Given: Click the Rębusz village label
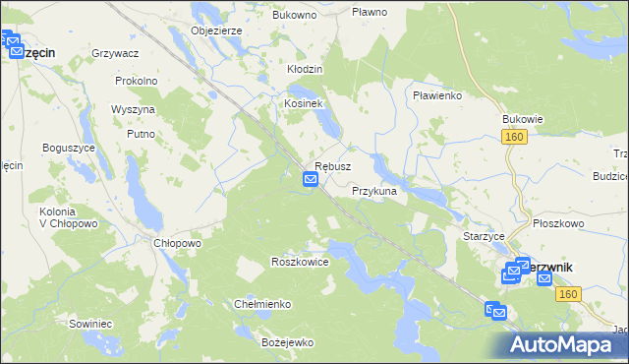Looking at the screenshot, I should click(332, 167).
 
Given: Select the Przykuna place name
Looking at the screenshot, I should click(373, 191).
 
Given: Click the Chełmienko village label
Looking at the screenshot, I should click(262, 304).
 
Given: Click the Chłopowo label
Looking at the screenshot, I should click(178, 243).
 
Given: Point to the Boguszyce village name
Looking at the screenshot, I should click(68, 147).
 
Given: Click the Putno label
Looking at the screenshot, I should click(143, 133).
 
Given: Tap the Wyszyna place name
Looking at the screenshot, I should click(135, 108).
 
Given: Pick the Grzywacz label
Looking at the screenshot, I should click(114, 52).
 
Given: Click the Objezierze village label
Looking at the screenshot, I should click(216, 30).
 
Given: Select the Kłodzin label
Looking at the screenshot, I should click(305, 70).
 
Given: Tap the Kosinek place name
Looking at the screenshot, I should click(304, 103).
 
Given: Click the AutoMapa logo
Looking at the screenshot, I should click(567, 344).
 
